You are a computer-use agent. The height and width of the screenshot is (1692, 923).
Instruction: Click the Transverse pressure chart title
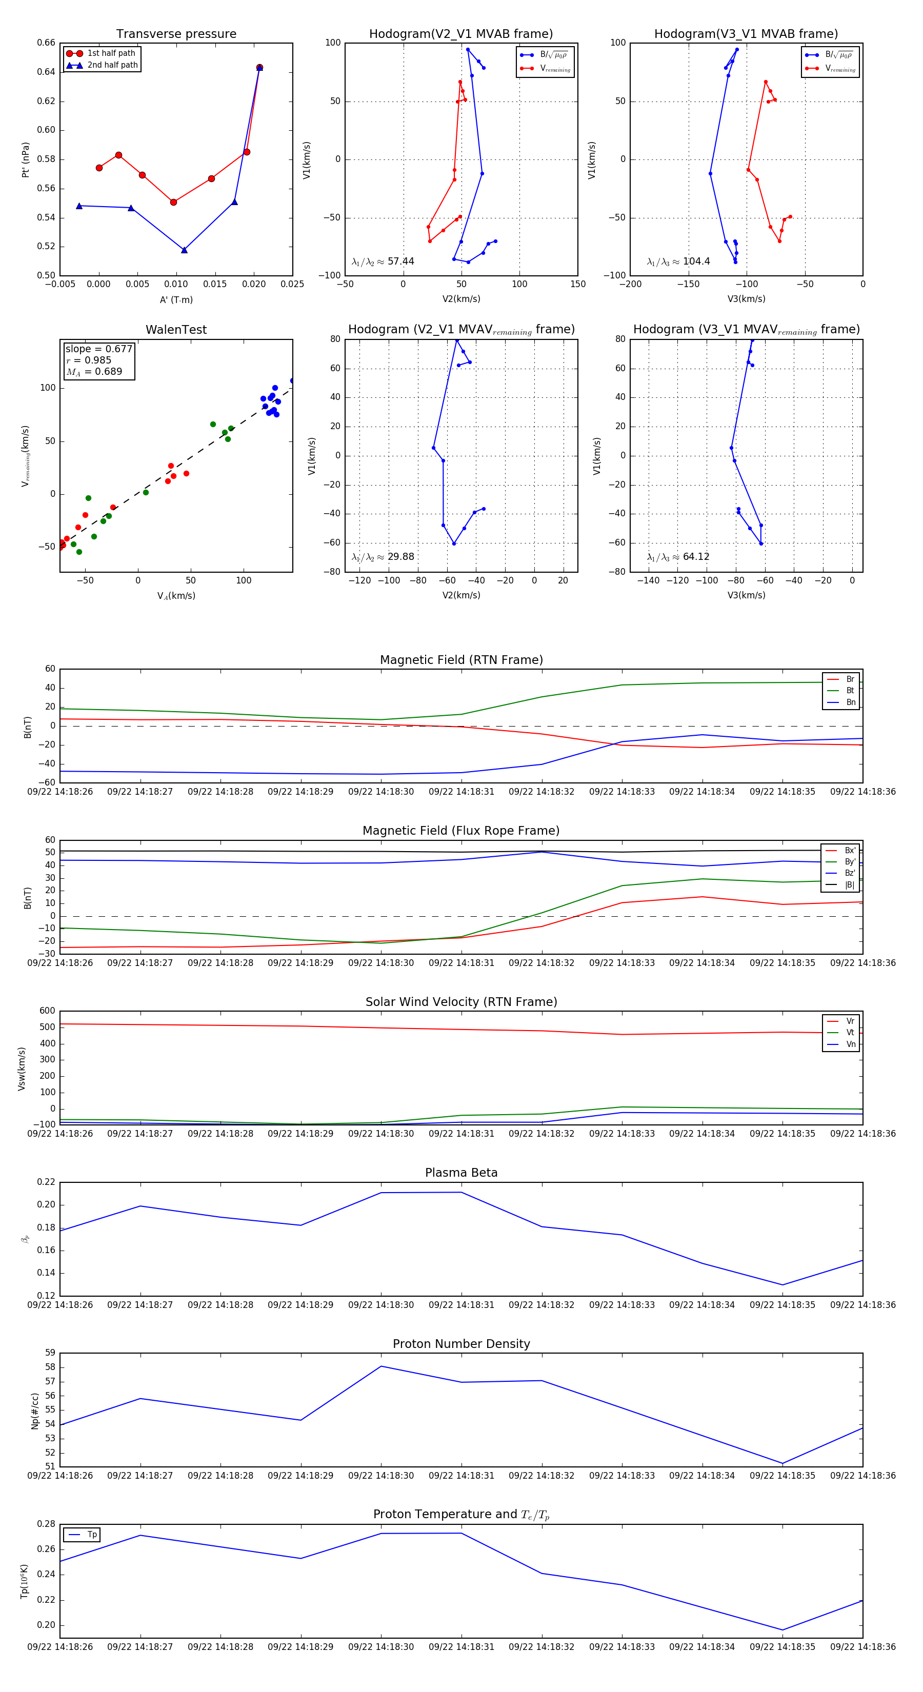(x=176, y=34)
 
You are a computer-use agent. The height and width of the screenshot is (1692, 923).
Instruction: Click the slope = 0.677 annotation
(x=98, y=349)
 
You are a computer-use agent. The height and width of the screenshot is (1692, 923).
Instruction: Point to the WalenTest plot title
(x=176, y=330)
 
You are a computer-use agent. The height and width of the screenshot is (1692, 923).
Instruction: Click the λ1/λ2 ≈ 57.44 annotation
(x=383, y=261)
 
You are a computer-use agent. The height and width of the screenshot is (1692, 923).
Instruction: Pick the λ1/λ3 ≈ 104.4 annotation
(x=678, y=261)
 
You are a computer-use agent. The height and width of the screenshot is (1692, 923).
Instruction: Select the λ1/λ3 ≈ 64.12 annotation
(x=678, y=557)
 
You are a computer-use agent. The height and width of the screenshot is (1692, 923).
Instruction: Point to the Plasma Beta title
(x=461, y=1173)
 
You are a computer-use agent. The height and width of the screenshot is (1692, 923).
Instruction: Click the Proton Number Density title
(x=461, y=1344)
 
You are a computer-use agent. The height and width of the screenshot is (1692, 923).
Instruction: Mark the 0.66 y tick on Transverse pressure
(x=46, y=43)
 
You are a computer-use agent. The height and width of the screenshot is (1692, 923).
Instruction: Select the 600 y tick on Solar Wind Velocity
(x=47, y=1011)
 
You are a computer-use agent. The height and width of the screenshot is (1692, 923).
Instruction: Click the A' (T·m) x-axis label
(x=176, y=299)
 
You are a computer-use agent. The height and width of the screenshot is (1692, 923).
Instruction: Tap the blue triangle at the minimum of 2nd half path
(x=184, y=250)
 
